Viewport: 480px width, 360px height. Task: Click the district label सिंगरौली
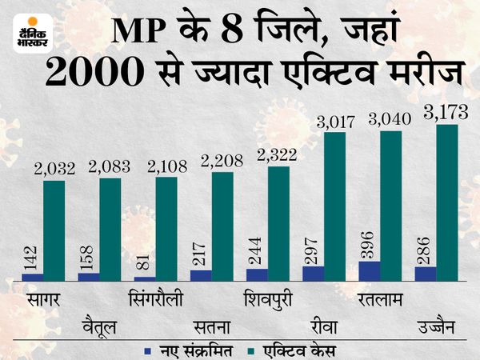point(155,298)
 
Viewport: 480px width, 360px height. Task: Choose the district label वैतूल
point(99,325)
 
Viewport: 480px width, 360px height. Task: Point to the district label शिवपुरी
point(268,298)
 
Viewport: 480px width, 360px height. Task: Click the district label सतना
point(212,325)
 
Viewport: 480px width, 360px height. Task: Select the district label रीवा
point(323,325)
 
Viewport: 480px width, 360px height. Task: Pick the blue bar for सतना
point(202,275)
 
